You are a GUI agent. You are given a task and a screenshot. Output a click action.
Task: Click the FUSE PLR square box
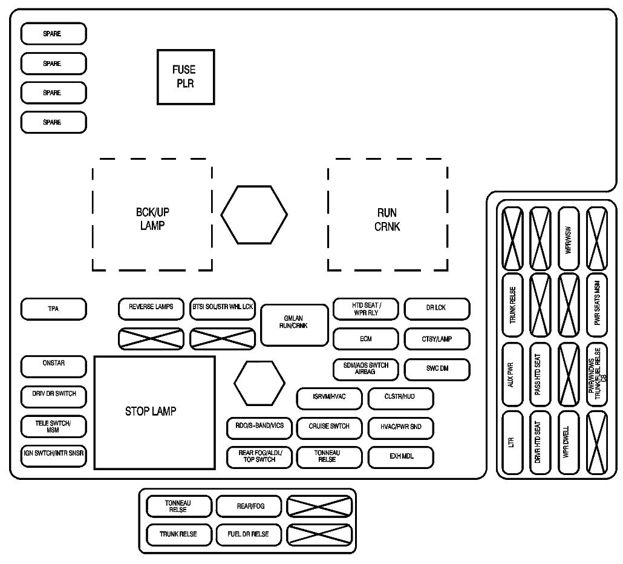(x=185, y=77)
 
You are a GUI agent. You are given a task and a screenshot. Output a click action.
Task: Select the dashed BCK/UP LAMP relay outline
(x=152, y=214)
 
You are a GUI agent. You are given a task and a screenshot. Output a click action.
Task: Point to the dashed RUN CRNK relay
(x=387, y=214)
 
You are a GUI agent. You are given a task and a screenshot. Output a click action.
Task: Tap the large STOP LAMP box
(x=154, y=412)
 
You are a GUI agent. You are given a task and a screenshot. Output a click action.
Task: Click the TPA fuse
(x=53, y=309)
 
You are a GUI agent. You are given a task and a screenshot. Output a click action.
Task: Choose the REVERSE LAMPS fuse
(x=151, y=307)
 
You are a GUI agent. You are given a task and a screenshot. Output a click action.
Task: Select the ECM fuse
(x=365, y=339)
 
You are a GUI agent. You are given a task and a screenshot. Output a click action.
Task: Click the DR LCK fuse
(x=436, y=308)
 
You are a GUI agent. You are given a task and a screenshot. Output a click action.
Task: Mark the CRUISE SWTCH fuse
(x=329, y=427)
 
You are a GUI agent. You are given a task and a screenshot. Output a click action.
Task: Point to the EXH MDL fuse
(x=400, y=457)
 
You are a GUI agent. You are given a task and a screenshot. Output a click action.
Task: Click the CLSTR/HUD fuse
(x=400, y=398)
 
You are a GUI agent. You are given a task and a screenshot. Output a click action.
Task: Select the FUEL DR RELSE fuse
(x=248, y=534)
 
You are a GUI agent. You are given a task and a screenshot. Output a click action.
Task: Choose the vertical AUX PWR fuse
(x=512, y=375)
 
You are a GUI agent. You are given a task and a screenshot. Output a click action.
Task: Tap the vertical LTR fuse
(x=512, y=443)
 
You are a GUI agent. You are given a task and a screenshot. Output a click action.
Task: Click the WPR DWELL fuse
(x=568, y=443)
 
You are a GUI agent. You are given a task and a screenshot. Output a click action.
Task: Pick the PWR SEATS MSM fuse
(x=596, y=306)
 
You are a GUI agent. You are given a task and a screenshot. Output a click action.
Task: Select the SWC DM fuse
(x=436, y=368)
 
